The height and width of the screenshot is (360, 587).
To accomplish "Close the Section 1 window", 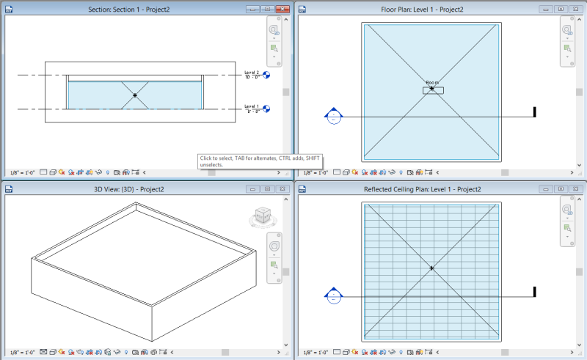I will pyautogui.click(x=282, y=9).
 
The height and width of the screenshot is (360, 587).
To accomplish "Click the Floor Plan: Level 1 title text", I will pyautogui.click(x=440, y=9).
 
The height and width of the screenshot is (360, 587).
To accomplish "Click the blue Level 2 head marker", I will pyautogui.click(x=266, y=75).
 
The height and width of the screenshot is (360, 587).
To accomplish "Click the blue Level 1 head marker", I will pyautogui.click(x=266, y=109).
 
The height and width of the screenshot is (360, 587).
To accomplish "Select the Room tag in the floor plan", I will pyautogui.click(x=432, y=89).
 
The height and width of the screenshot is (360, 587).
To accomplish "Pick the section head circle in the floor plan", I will pyautogui.click(x=334, y=117).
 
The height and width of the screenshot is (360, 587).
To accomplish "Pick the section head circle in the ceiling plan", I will pyautogui.click(x=334, y=296).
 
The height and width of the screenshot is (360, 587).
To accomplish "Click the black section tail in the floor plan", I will pyautogui.click(x=535, y=112).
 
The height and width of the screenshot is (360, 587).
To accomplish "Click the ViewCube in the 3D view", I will pyautogui.click(x=260, y=217).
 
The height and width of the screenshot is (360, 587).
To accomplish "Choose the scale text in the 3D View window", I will pyautogui.click(x=20, y=351).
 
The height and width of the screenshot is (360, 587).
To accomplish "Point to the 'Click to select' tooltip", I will pyautogui.click(x=260, y=161).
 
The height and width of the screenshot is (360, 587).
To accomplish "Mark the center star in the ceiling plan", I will pyautogui.click(x=431, y=269).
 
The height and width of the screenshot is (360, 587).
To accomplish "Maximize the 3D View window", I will pyautogui.click(x=267, y=189).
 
